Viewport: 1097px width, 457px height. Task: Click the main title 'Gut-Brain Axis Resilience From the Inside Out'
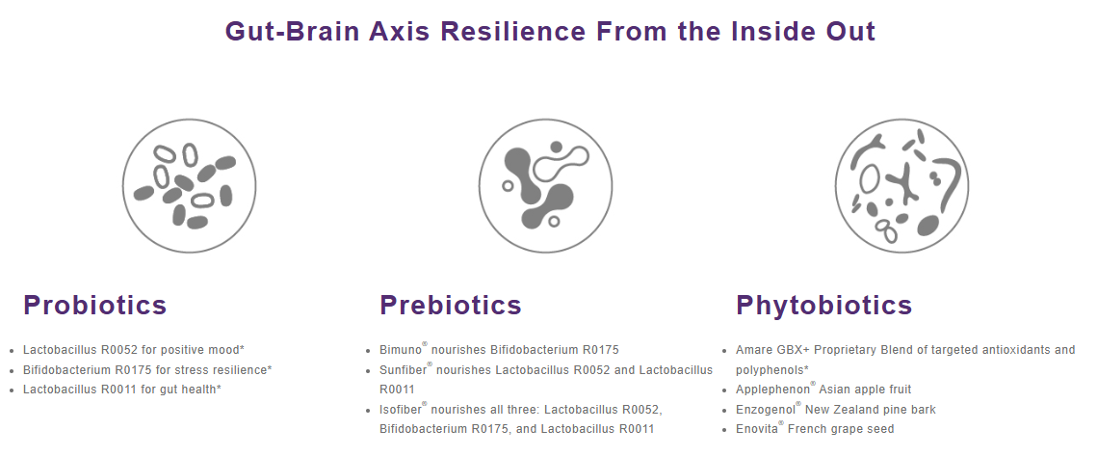[550, 32]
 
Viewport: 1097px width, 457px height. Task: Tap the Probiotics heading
[95, 305]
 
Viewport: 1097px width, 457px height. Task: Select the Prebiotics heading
[451, 305]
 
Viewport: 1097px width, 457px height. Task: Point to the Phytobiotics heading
[824, 306]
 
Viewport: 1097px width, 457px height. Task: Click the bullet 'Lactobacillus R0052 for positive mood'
[134, 350]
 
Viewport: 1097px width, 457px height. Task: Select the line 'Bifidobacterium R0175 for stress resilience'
[147, 369]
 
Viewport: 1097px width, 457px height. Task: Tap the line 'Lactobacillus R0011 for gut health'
[122, 390]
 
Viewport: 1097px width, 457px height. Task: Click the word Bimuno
[401, 350]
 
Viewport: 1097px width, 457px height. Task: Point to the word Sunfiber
[403, 369]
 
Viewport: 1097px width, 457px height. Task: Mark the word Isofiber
[401, 409]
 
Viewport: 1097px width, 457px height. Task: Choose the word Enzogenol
[766, 410]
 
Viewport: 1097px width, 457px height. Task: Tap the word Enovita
[757, 429]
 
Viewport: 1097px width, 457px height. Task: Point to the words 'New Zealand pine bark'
[871, 410]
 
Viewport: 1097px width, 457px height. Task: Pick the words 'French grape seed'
[841, 429]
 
